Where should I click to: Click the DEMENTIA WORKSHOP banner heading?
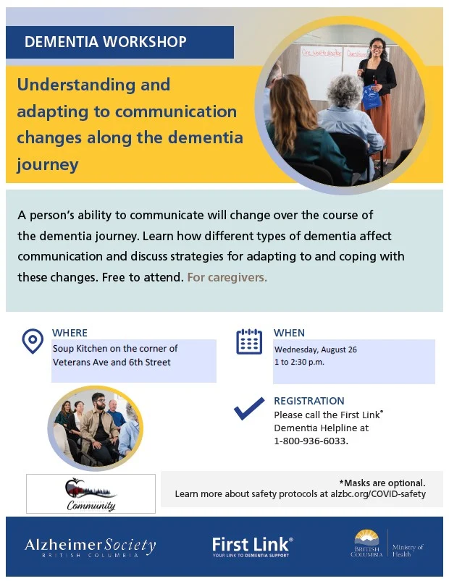click(105, 41)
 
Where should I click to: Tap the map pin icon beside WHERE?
click(33, 341)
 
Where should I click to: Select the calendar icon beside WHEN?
click(249, 342)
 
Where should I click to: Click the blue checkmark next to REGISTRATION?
click(249, 408)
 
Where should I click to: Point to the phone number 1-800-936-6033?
click(311, 441)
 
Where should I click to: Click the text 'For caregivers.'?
click(227, 277)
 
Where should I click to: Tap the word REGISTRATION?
click(309, 401)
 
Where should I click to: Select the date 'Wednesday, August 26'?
click(316, 349)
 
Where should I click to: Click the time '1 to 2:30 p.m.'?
click(299, 362)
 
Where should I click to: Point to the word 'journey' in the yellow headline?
click(48, 164)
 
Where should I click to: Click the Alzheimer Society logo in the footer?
click(90, 547)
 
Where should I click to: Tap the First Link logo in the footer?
click(252, 547)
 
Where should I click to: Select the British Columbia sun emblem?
click(366, 537)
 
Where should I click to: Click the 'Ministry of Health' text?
click(408, 550)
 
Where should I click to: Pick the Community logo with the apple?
click(91, 494)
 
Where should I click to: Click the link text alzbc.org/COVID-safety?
click(378, 494)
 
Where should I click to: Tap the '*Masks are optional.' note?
click(382, 483)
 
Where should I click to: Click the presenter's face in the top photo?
click(377, 48)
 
